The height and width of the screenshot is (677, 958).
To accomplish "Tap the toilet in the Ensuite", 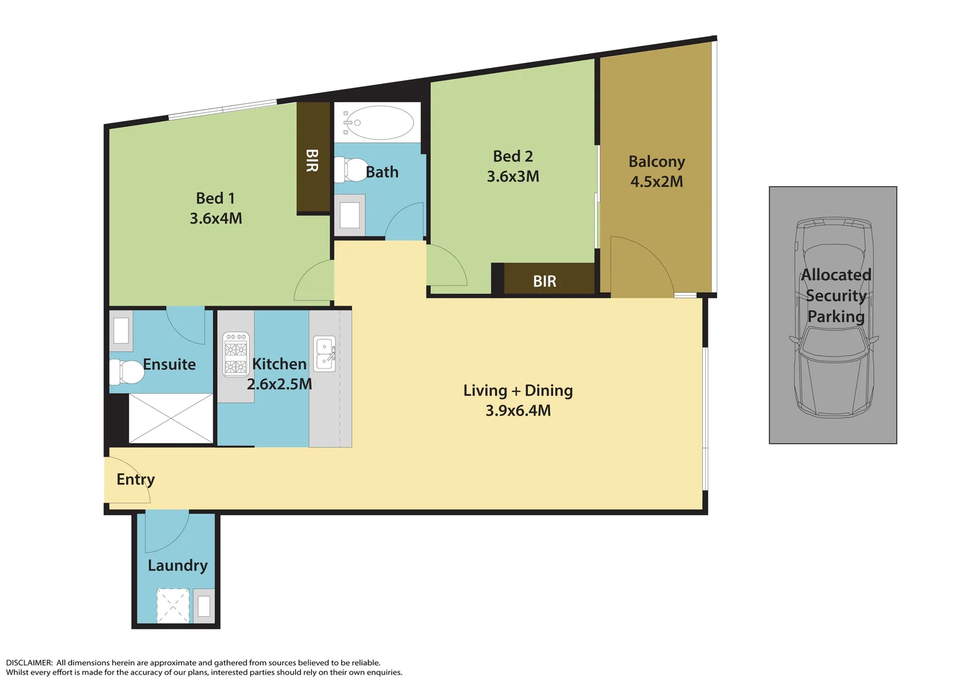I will (x=127, y=371).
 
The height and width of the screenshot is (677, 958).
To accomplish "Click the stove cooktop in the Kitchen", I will (x=236, y=354).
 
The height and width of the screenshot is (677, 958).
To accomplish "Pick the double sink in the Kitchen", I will (x=324, y=354).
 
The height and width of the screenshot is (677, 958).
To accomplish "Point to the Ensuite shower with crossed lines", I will (x=171, y=418).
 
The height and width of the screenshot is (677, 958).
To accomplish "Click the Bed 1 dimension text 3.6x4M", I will (x=216, y=218).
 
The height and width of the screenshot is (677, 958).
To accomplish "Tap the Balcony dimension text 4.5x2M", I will (x=656, y=182).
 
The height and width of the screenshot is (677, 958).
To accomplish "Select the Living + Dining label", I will (x=518, y=391).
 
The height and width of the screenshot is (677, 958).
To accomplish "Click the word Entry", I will (x=136, y=480).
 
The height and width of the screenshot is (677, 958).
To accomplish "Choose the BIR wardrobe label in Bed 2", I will (x=545, y=281).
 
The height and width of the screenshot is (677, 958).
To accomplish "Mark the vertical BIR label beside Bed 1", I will (x=312, y=160).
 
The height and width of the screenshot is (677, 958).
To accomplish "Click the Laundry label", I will (x=178, y=565).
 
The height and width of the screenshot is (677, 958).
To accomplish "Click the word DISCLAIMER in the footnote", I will (x=29, y=663).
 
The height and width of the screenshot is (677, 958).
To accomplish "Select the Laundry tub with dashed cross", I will (x=173, y=605).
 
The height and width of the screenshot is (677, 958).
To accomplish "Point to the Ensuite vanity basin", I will (x=120, y=330).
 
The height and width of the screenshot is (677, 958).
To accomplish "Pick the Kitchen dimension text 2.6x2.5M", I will (x=279, y=384).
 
